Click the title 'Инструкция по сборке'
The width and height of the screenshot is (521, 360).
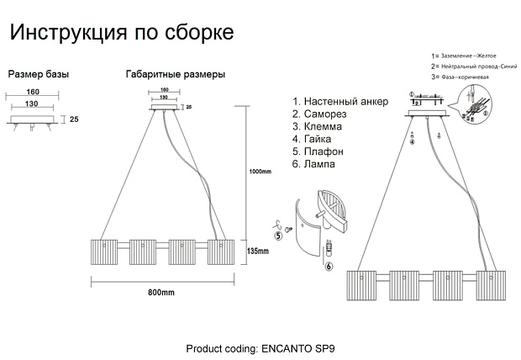pos(121,33)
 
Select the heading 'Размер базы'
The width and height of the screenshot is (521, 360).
pos(38,74)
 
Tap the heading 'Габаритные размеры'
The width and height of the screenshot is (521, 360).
pos(175,74)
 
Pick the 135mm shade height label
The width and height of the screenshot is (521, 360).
pos(257,251)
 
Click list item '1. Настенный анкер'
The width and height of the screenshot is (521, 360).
pos(339,102)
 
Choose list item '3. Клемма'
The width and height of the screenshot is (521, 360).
pos(318,127)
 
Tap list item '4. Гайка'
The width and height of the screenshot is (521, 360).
pos(314,140)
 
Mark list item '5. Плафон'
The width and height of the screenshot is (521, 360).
pos(318,152)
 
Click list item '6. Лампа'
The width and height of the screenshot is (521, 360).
pos(313,165)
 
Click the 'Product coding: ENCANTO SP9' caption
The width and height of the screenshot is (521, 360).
pos(265,347)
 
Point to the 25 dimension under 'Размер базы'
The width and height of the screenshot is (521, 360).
pos(74,120)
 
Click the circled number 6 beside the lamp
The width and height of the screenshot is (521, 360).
pos(329,267)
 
